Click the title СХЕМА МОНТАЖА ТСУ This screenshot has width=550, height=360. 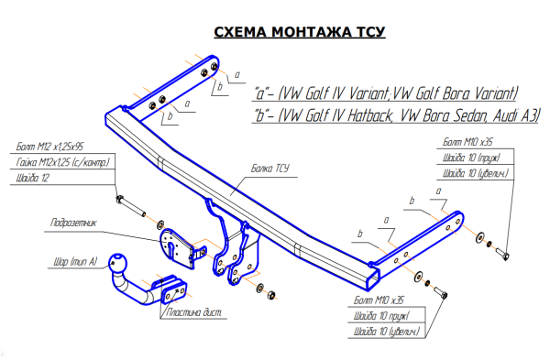[x=300, y=32]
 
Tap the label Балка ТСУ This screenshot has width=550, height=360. [x=270, y=169]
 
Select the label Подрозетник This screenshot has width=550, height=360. [x=73, y=223]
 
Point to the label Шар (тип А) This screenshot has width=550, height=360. [x=75, y=262]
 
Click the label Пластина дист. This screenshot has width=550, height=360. [x=193, y=312]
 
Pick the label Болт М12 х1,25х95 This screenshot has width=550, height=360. [x=49, y=147]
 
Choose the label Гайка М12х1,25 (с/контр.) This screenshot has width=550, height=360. [x=62, y=162]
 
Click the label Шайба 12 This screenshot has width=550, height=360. [x=33, y=178]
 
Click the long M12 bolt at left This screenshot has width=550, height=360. [x=131, y=206]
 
